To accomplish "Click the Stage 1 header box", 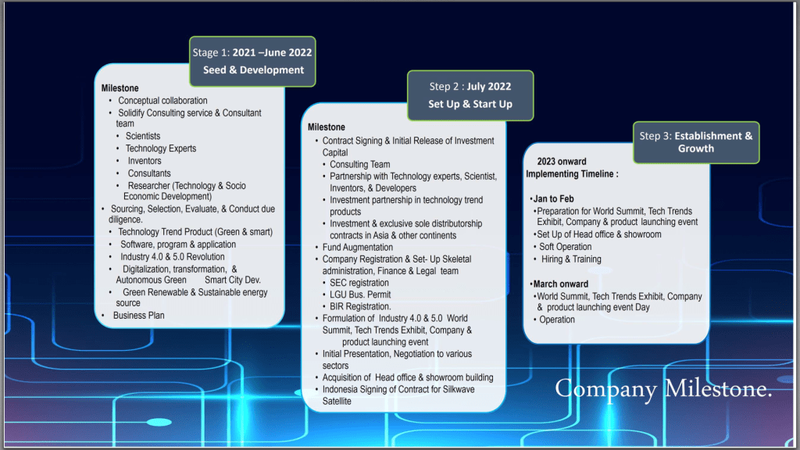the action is click(x=252, y=61).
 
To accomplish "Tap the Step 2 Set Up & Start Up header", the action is click(x=470, y=95).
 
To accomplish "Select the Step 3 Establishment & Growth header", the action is click(x=696, y=142).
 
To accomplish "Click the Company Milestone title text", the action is click(x=663, y=389).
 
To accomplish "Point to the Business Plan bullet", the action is click(x=139, y=316).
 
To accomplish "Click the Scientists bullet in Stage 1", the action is click(x=143, y=136).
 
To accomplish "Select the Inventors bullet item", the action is click(x=145, y=161).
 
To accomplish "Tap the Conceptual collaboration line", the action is click(x=162, y=101).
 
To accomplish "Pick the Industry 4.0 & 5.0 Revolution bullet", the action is click(x=173, y=256).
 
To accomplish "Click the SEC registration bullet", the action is click(x=359, y=283).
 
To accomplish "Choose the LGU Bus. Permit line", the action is click(x=360, y=295).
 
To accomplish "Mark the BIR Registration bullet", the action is click(x=360, y=306).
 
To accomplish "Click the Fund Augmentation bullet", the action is click(x=358, y=247).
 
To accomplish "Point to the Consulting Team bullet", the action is click(x=359, y=164).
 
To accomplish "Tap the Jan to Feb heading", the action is click(x=554, y=198).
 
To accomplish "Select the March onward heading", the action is click(x=561, y=284).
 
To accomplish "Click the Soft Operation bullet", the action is click(x=566, y=246).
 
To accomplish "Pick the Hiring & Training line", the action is click(x=571, y=259).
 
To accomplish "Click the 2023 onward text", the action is click(x=562, y=161).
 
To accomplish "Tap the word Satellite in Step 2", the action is click(x=337, y=401).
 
